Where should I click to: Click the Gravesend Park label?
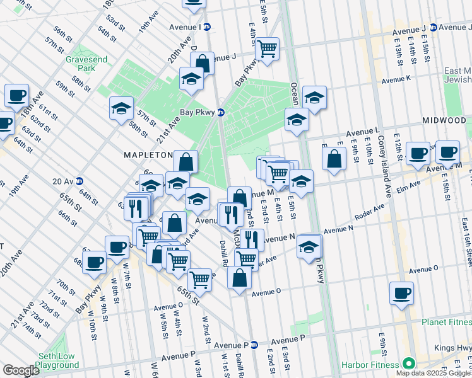pos(80,64)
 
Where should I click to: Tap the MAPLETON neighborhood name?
pos(148,154)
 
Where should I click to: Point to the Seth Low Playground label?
pos(57,360)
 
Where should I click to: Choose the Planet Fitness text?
pos(446,322)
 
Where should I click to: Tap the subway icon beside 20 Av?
pos(80,181)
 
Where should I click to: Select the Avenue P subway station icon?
pos(254,345)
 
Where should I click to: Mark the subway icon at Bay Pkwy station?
pos(221,112)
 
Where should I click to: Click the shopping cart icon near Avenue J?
pos(268,48)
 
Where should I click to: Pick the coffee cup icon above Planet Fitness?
pos(401,293)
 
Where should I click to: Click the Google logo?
pos(21,370)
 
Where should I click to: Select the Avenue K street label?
pos(396,79)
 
